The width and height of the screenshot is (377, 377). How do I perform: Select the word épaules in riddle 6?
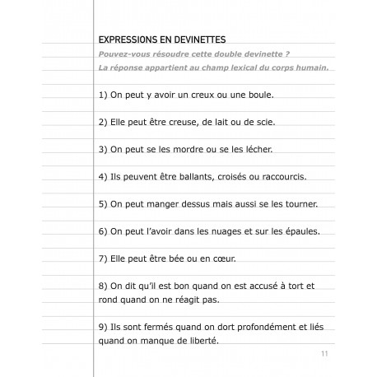coord(296,230)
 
